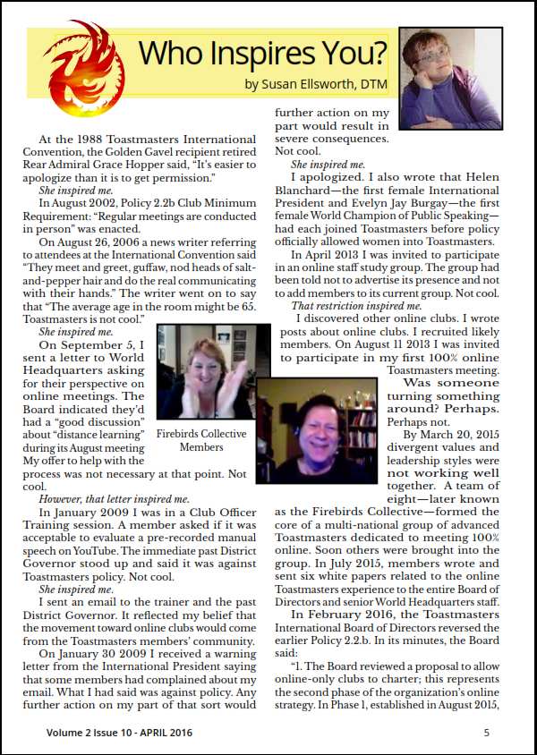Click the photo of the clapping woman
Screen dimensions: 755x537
coord(204,375)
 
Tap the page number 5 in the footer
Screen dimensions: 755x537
coord(487,733)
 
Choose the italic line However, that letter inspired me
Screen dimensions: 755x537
coord(114,498)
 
